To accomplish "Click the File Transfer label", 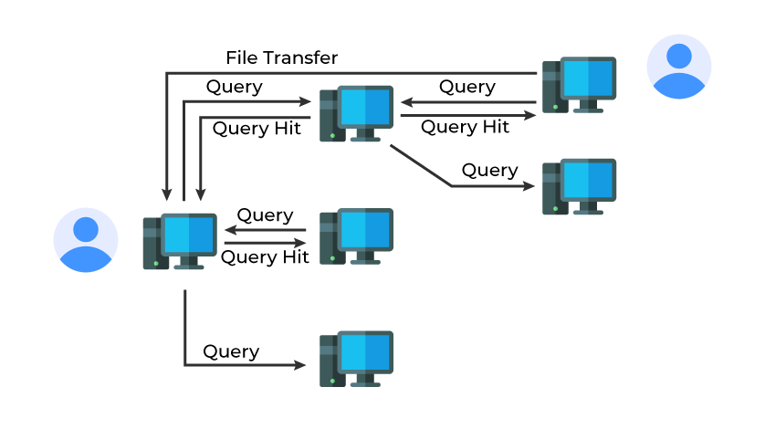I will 281,58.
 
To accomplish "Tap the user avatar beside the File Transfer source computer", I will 678,67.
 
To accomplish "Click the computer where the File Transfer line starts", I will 579,85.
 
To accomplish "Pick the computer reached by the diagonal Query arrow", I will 579,187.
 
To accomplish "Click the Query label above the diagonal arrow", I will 489,171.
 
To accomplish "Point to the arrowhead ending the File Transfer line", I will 167,194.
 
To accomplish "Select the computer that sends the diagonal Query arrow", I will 356,114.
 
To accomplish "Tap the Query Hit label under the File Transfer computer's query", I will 465,128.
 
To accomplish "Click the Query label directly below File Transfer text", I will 234,88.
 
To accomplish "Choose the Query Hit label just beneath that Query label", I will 257,129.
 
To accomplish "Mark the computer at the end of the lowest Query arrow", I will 356,359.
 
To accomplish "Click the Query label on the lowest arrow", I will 231,351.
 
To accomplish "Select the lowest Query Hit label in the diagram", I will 265,257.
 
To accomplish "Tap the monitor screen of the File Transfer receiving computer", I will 189,236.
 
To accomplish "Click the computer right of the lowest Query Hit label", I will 356,236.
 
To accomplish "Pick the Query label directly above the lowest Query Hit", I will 265,215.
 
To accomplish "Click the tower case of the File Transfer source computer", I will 550,87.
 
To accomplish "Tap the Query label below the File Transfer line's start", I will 467,88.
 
